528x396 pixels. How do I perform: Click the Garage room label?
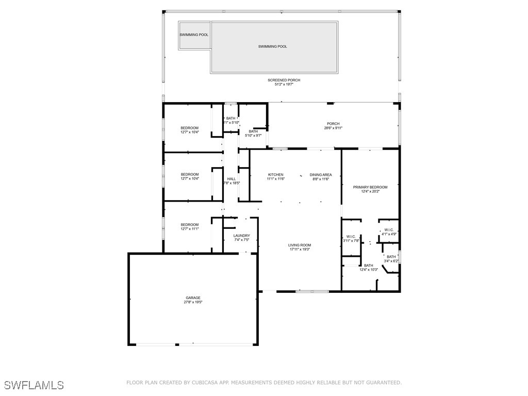click(x=193, y=298)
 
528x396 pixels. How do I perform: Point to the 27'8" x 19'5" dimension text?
click(x=193, y=302)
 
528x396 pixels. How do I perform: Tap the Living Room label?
click(x=300, y=245)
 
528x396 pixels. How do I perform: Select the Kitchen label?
click(x=275, y=175)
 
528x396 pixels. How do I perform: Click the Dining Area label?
click(x=321, y=175)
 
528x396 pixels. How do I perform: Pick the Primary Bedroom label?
click(x=370, y=187)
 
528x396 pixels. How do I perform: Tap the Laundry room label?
click(x=241, y=236)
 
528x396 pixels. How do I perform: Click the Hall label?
click(x=232, y=179)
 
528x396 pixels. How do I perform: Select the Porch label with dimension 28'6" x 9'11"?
click(x=333, y=124)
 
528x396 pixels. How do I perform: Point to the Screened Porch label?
click(x=284, y=80)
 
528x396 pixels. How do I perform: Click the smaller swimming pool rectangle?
click(x=194, y=35)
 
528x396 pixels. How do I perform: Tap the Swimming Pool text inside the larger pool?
click(x=273, y=46)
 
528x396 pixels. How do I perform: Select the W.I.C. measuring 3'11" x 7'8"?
click(x=351, y=237)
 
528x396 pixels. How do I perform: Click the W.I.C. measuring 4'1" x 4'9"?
click(x=389, y=230)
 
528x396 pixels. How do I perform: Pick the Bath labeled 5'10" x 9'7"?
click(x=253, y=131)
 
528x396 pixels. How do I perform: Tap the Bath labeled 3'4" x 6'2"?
click(x=391, y=257)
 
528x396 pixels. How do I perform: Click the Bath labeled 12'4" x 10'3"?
click(x=368, y=266)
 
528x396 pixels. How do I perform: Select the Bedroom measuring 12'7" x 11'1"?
click(x=189, y=225)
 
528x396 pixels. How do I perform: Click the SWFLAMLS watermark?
click(x=34, y=385)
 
